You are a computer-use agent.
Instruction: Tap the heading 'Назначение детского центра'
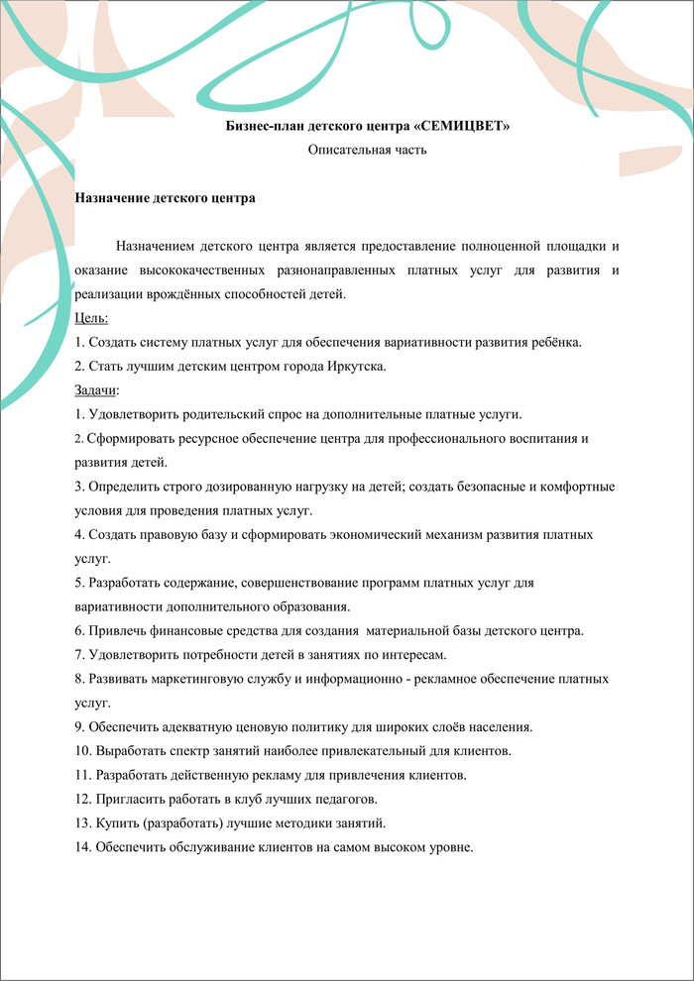coord(166,198)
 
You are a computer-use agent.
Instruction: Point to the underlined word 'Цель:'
coord(92,318)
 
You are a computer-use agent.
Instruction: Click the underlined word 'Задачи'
coord(96,389)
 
